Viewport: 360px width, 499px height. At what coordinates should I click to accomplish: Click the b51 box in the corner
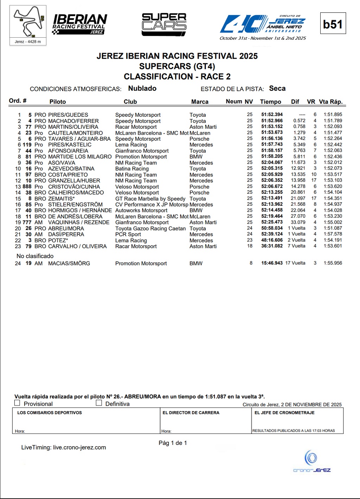point(333,24)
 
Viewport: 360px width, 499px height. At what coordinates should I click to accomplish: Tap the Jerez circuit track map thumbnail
point(28,23)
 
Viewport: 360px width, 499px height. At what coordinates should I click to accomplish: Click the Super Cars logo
point(164,24)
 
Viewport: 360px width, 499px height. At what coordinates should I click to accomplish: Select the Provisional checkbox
point(17,403)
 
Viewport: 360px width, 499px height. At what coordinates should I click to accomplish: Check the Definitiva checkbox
point(99,403)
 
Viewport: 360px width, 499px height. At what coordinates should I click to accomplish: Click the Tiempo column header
point(270,102)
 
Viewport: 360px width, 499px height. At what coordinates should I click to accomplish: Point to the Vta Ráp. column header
point(330,102)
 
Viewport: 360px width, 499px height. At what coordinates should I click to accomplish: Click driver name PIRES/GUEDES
point(68,115)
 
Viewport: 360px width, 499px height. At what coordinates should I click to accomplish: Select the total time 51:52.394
point(272,115)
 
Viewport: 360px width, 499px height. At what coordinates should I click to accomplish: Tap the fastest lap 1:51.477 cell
point(333,133)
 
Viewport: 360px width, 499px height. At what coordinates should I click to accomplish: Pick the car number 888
point(27,187)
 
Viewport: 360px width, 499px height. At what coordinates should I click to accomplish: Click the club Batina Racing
point(132,169)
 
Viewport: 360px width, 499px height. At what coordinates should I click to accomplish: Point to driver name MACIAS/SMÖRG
point(69,263)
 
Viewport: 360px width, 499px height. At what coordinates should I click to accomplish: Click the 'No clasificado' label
point(35,256)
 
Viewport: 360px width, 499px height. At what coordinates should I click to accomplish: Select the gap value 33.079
point(298,222)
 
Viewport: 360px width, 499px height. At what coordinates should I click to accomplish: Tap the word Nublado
point(142,89)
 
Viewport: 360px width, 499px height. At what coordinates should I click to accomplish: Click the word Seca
point(277,89)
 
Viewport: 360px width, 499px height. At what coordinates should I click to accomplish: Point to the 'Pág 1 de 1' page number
point(173,443)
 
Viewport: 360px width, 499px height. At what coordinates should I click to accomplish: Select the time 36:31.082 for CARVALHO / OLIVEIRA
point(272,246)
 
